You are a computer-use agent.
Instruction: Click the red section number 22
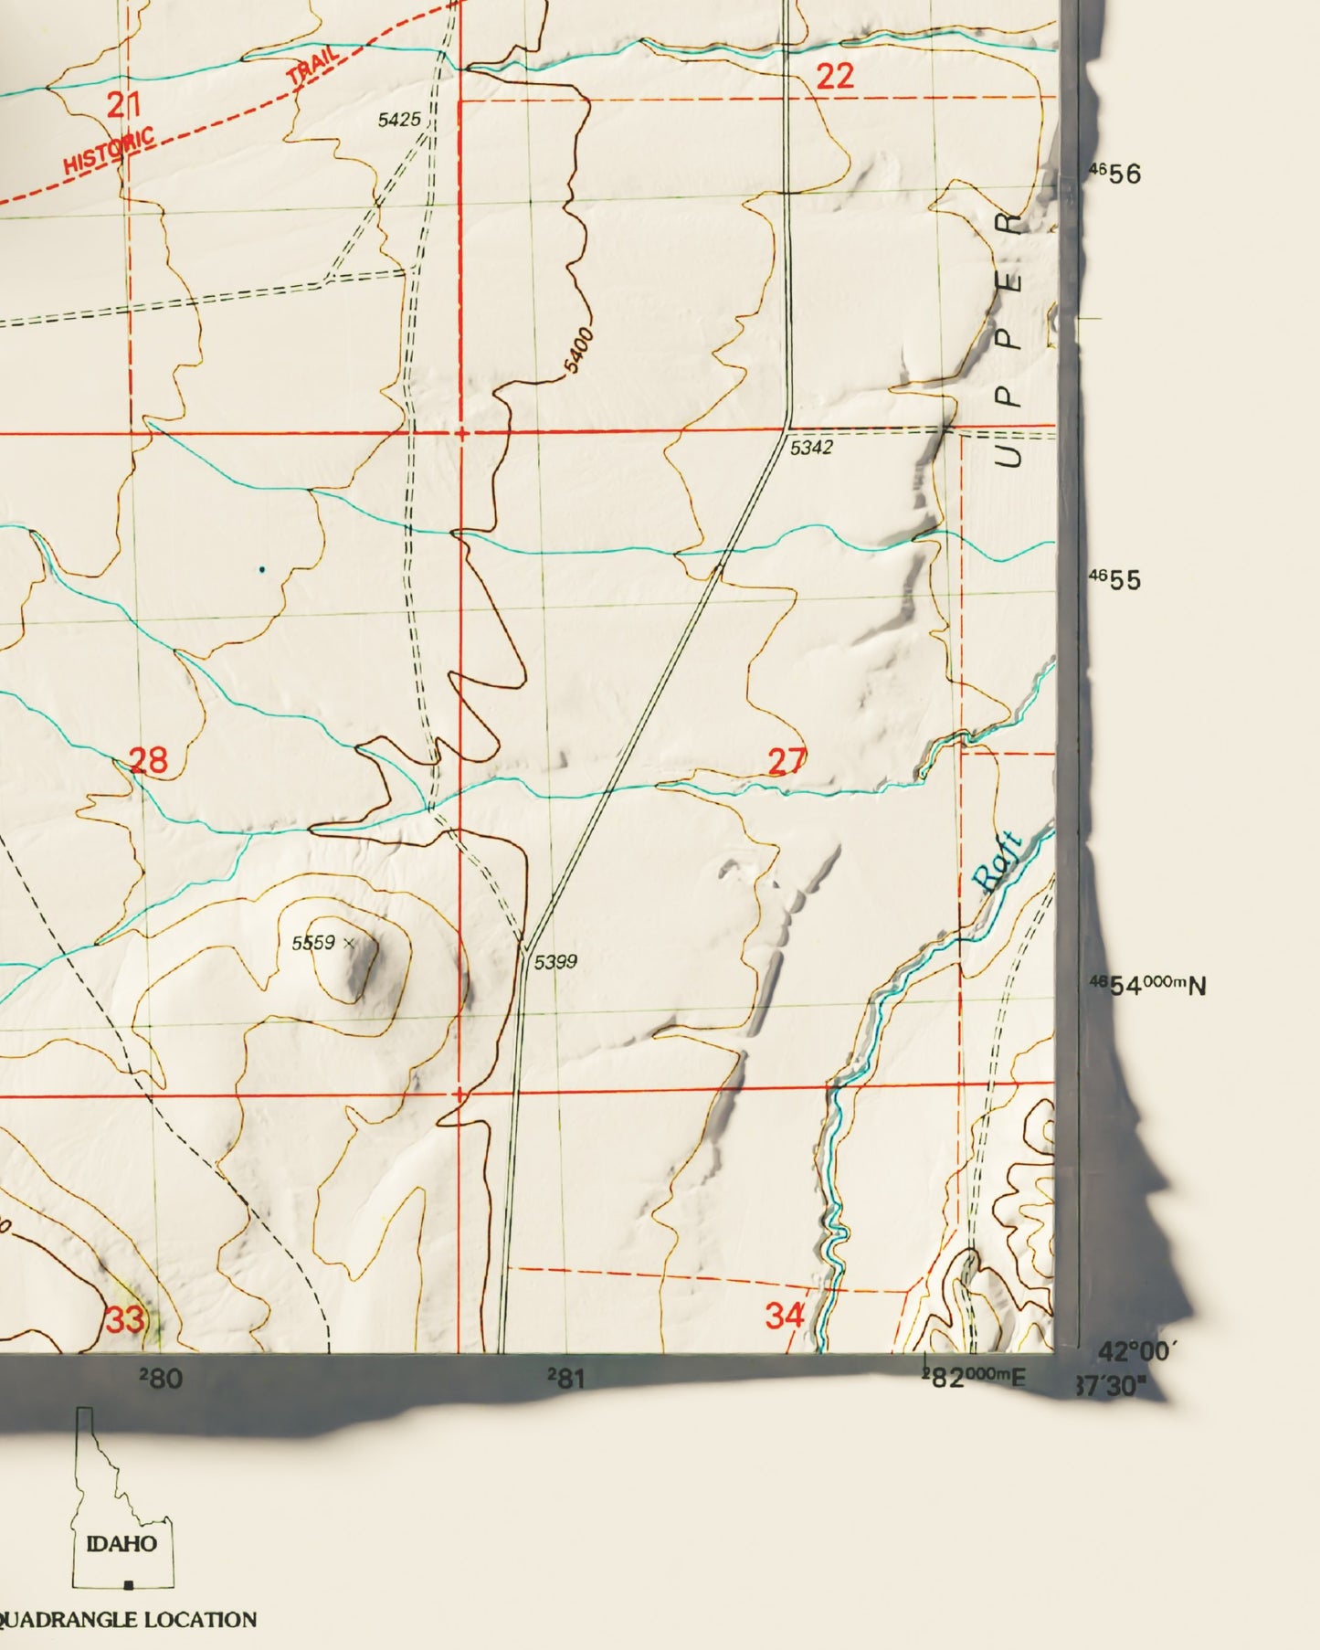tap(835, 76)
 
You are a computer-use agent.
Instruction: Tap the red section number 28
tap(148, 760)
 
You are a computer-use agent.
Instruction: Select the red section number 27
tap(787, 761)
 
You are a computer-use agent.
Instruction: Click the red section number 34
tap(785, 1316)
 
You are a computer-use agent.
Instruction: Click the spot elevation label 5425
tap(399, 120)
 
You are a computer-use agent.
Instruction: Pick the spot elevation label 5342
tap(811, 448)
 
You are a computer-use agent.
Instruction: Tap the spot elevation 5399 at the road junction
tap(555, 961)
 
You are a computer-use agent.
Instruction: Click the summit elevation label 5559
tap(313, 943)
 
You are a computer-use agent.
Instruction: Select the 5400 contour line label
tap(579, 351)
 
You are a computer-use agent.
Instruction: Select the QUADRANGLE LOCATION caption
tap(128, 1620)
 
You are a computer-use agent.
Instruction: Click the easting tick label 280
tap(161, 1379)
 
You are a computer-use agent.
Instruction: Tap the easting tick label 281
tap(566, 1379)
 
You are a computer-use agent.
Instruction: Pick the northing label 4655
tap(1116, 580)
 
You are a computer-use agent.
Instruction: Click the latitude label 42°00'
tap(1138, 1351)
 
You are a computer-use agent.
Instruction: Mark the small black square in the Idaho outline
tap(129, 1584)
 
